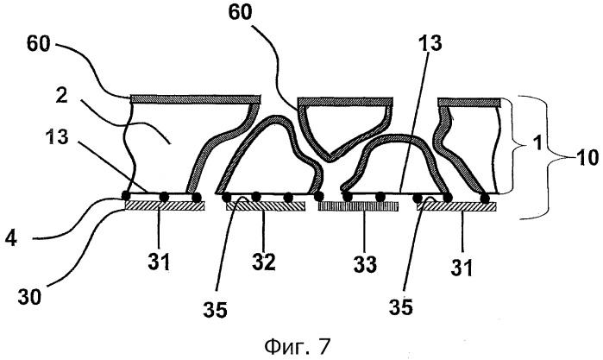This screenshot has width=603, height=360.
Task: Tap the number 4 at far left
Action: [x=10, y=238]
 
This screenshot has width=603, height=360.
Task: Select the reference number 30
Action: [x=29, y=296]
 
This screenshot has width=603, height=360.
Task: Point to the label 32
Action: [x=263, y=262]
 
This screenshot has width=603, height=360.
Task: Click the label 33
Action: [x=365, y=264]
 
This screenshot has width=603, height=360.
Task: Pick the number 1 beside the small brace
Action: [x=538, y=142]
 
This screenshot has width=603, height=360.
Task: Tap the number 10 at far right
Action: [x=587, y=157]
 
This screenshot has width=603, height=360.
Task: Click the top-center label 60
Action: [x=240, y=12]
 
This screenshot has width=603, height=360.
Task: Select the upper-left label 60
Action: [x=39, y=44]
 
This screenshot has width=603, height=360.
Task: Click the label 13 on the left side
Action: [x=57, y=136]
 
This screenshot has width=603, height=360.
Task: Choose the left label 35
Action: [x=216, y=309]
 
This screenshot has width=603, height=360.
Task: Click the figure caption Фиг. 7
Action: [x=298, y=346]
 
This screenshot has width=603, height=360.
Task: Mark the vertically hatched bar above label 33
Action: [x=358, y=206]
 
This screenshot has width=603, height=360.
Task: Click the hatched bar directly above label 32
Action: [x=266, y=206]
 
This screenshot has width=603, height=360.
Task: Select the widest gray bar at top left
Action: [x=196, y=99]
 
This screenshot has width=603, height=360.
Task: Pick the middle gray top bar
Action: [x=345, y=102]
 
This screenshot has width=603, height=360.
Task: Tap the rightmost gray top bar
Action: [x=469, y=103]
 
